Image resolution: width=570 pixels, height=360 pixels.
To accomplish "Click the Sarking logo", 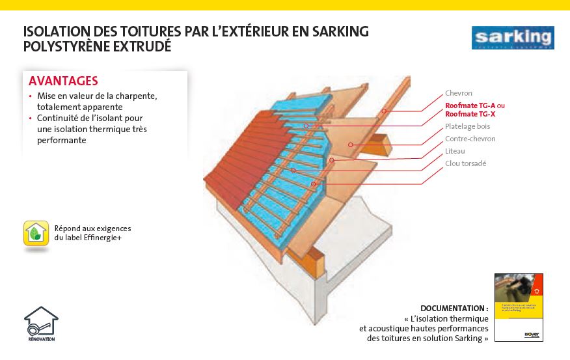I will (x=513, y=38).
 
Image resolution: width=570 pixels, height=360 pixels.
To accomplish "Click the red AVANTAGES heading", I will (x=63, y=81).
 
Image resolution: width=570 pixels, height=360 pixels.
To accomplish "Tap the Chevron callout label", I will (x=459, y=93).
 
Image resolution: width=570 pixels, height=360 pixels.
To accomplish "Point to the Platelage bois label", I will (x=467, y=126).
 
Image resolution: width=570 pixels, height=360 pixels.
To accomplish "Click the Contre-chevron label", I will (x=470, y=139).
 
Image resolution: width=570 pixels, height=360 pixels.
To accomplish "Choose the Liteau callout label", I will (x=455, y=151).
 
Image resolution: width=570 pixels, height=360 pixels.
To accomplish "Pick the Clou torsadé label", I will (x=465, y=163).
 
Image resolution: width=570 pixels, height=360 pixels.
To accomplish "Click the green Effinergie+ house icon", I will (x=36, y=233).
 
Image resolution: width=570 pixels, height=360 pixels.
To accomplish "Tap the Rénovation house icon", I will (x=41, y=324).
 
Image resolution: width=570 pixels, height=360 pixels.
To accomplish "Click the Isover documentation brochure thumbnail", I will (x=519, y=307).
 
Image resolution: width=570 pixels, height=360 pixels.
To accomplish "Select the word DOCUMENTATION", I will (x=454, y=308).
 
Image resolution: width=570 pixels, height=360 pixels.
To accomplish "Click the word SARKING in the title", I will (x=338, y=31).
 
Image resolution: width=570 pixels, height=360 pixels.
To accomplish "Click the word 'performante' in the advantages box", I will (x=62, y=140).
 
